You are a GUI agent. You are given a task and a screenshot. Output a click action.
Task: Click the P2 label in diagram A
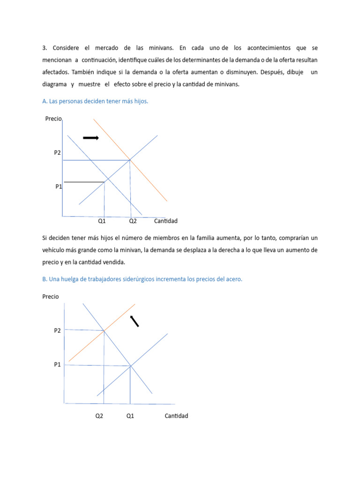57,152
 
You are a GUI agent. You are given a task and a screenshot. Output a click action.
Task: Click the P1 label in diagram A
59,187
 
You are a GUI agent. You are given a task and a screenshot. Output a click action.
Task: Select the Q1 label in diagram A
102,221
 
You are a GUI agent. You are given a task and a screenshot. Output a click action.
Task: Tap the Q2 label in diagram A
133,221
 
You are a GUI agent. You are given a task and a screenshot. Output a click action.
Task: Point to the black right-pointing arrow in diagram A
91,137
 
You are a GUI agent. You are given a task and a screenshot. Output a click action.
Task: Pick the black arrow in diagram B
135,321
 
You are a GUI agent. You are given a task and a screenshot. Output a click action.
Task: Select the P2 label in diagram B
57,330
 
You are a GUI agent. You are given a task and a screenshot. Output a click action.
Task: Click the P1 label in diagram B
57,364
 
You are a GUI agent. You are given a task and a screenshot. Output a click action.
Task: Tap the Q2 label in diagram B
99,416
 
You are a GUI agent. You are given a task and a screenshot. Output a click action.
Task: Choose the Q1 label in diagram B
130,416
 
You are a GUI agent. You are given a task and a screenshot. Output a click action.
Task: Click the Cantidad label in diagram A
166,221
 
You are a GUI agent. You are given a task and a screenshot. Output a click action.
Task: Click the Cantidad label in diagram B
176,416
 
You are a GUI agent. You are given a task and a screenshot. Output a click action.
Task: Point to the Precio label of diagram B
51,296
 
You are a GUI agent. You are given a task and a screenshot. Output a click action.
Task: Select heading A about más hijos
95,101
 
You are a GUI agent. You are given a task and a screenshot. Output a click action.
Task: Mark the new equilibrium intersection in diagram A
130,160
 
